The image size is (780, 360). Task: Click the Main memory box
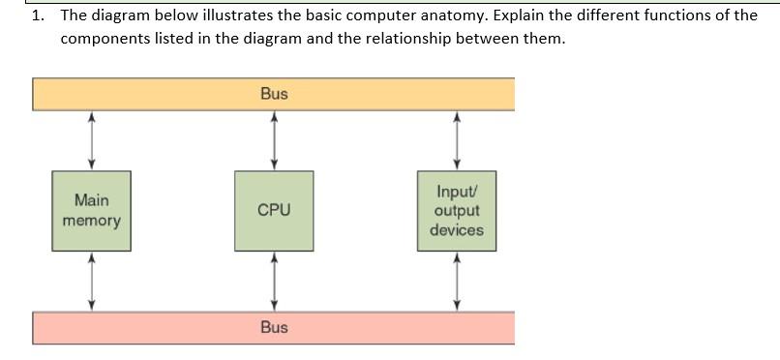(x=92, y=211)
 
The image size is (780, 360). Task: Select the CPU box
(x=274, y=211)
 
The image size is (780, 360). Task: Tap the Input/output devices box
(x=458, y=211)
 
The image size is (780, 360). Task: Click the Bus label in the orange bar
(x=274, y=94)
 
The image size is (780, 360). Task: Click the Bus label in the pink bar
(x=274, y=327)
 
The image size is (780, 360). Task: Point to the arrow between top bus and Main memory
(x=92, y=140)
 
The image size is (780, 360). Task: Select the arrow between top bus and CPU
(x=274, y=140)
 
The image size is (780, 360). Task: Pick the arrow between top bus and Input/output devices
(x=458, y=140)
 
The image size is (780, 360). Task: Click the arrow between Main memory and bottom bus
(x=92, y=281)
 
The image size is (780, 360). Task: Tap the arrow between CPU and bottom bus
(x=274, y=281)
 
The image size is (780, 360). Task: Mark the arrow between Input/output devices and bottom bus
(x=458, y=281)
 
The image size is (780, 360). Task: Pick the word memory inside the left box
(x=92, y=222)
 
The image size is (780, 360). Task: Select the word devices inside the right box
(x=458, y=230)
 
